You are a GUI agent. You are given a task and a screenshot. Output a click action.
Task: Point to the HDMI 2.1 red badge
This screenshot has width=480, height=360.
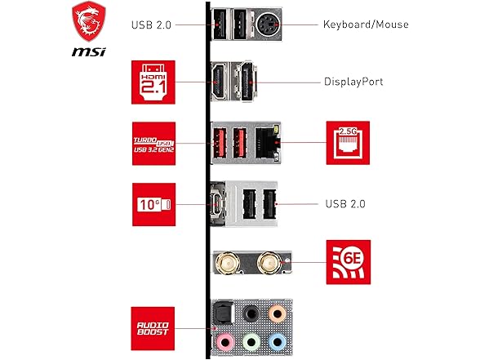coord(153,81)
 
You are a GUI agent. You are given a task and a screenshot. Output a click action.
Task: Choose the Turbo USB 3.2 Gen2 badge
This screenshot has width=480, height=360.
coord(153,144)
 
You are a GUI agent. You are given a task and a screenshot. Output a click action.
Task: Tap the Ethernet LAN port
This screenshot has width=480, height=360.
coord(265,142)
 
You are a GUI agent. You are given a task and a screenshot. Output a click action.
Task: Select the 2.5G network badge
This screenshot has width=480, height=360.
coord(348,142)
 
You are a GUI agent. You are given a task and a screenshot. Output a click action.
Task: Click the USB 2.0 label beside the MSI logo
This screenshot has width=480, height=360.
coord(152,24)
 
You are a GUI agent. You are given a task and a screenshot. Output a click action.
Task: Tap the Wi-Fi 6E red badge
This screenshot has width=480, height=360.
coord(348,262)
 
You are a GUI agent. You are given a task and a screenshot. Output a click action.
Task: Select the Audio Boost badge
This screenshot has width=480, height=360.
coord(153,327)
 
